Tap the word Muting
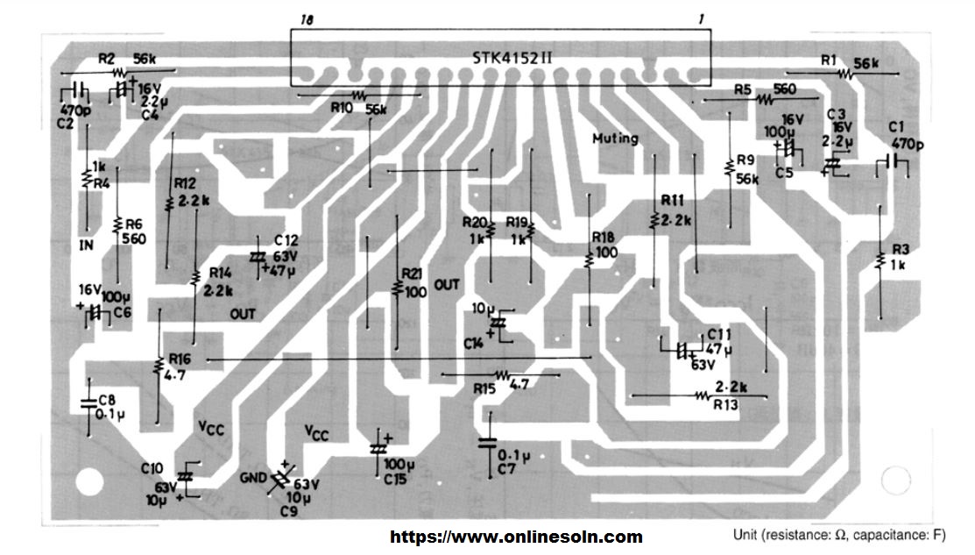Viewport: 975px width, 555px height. click(x=615, y=139)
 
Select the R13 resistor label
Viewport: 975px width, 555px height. click(x=726, y=405)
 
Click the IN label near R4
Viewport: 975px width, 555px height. click(x=86, y=245)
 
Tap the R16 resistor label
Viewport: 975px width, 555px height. click(x=180, y=359)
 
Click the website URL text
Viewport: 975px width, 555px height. click(x=515, y=537)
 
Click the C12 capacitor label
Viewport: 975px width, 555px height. click(x=286, y=239)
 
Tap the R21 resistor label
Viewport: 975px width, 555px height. click(x=411, y=271)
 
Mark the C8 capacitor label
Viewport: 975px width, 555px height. click(x=106, y=400)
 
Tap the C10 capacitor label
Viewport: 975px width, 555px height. click(x=151, y=466)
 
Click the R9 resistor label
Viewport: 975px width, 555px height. click(x=745, y=160)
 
